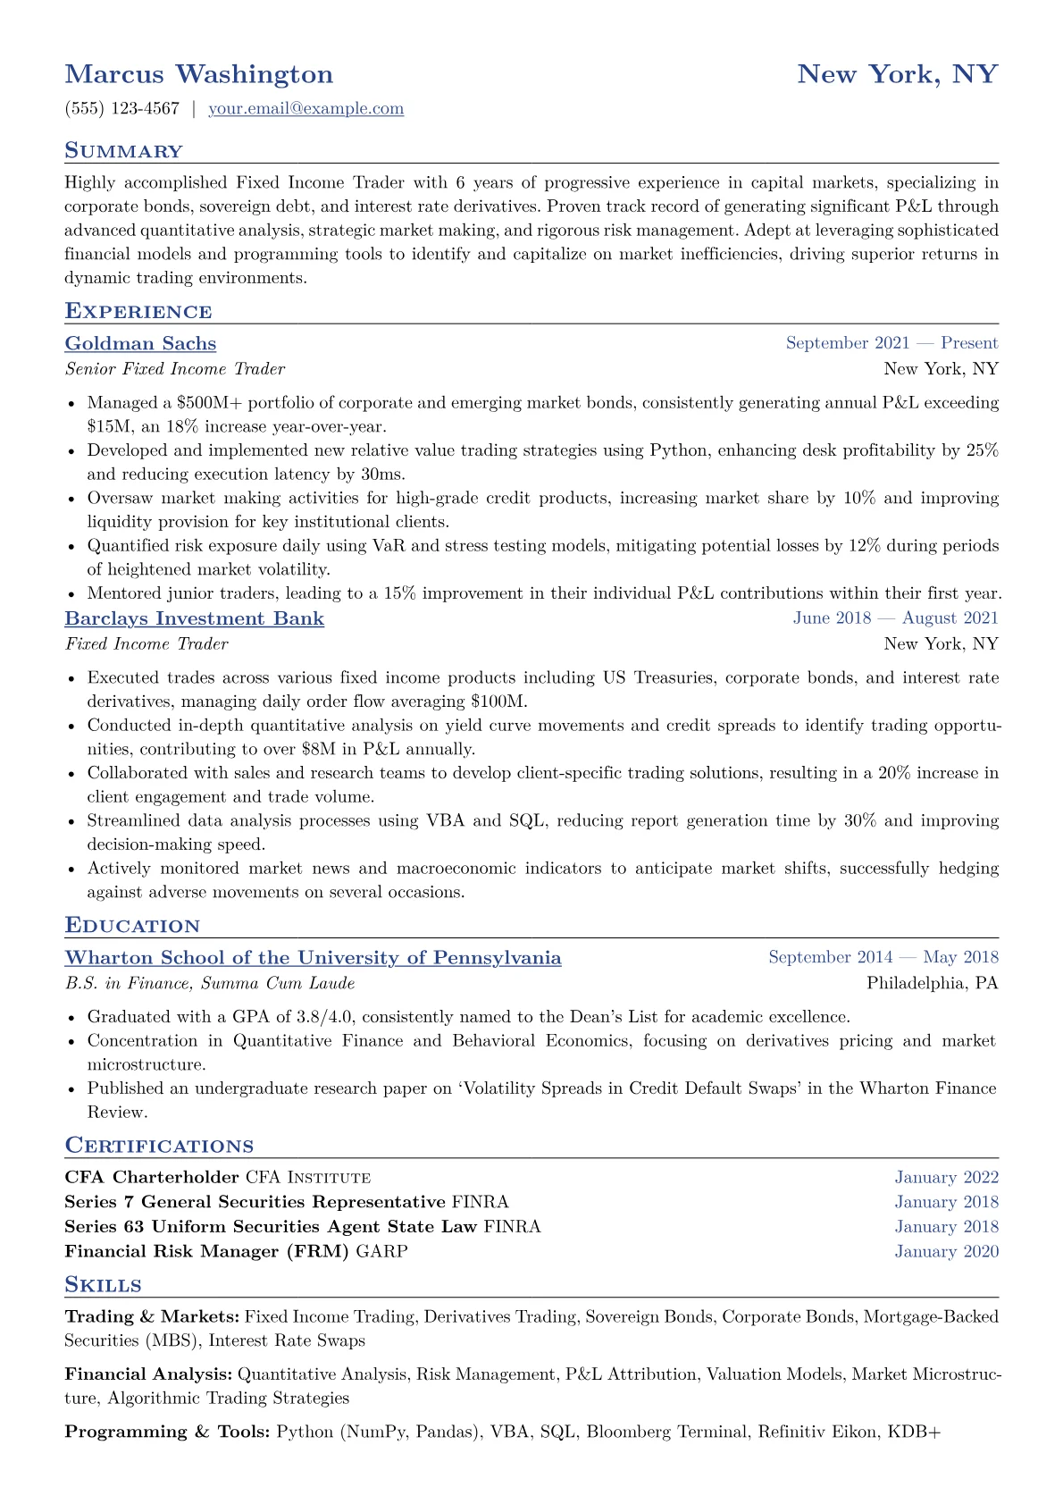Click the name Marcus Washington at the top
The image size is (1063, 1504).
point(198,74)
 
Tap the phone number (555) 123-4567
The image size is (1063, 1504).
point(121,109)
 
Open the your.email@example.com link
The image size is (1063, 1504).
point(306,109)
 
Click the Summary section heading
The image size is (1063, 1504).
point(123,151)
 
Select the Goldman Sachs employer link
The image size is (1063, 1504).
point(140,344)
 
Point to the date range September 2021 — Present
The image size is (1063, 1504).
point(891,343)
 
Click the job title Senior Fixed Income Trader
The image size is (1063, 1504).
point(175,369)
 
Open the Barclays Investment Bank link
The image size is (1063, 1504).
point(194,619)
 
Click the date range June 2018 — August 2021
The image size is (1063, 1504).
point(895,618)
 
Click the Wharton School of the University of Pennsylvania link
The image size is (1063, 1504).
point(313,958)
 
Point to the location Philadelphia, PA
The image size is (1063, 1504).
point(932,984)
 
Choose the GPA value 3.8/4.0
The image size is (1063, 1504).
point(327,1017)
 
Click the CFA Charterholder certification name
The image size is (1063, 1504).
point(152,1178)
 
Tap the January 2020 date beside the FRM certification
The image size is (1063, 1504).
point(946,1252)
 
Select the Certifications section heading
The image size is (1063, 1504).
point(159,1146)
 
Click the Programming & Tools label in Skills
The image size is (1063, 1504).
point(167,1433)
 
